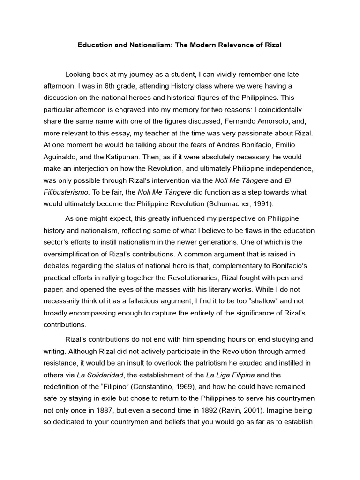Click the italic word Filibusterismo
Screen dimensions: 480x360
click(x=67, y=192)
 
